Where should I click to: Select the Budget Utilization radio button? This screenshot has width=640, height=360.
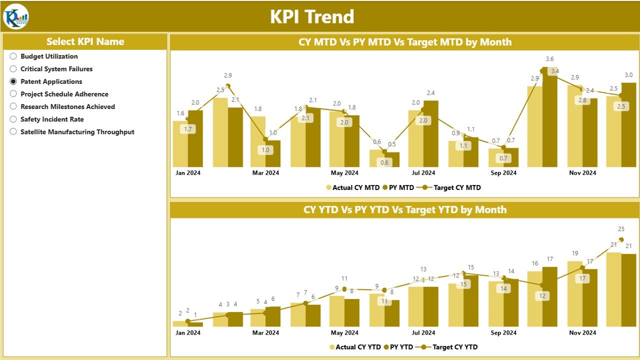pyautogui.click(x=13, y=56)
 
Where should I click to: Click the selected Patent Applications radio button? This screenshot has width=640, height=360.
pyautogui.click(x=13, y=81)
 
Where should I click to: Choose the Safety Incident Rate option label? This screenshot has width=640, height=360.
pyautogui.click(x=52, y=119)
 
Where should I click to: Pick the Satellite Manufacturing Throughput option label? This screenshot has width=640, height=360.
pyautogui.click(x=77, y=132)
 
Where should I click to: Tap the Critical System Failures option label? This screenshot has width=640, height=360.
pyautogui.click(x=56, y=69)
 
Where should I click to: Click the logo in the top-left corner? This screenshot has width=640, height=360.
pyautogui.click(x=16, y=17)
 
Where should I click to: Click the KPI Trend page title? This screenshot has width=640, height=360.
pyautogui.click(x=312, y=17)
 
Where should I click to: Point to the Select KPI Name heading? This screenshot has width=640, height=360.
pyautogui.click(x=85, y=41)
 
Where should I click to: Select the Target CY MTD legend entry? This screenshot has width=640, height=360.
pyautogui.click(x=452, y=188)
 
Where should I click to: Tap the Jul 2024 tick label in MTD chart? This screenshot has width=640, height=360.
pyautogui.click(x=423, y=173)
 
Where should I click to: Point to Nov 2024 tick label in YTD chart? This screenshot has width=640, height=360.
pyautogui.click(x=582, y=333)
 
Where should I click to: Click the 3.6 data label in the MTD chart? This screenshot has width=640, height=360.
pyautogui.click(x=549, y=59)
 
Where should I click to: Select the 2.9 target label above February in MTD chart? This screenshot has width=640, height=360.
pyautogui.click(x=227, y=75)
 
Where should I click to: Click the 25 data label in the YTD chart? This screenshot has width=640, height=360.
pyautogui.click(x=621, y=229)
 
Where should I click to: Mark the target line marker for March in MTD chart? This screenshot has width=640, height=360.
pyautogui.click(x=265, y=139)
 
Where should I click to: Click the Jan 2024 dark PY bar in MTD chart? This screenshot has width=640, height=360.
pyautogui.click(x=195, y=138)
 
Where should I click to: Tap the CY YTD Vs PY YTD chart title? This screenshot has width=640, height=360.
pyautogui.click(x=404, y=210)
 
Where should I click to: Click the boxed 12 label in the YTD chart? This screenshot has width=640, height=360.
pyautogui.click(x=542, y=296)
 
